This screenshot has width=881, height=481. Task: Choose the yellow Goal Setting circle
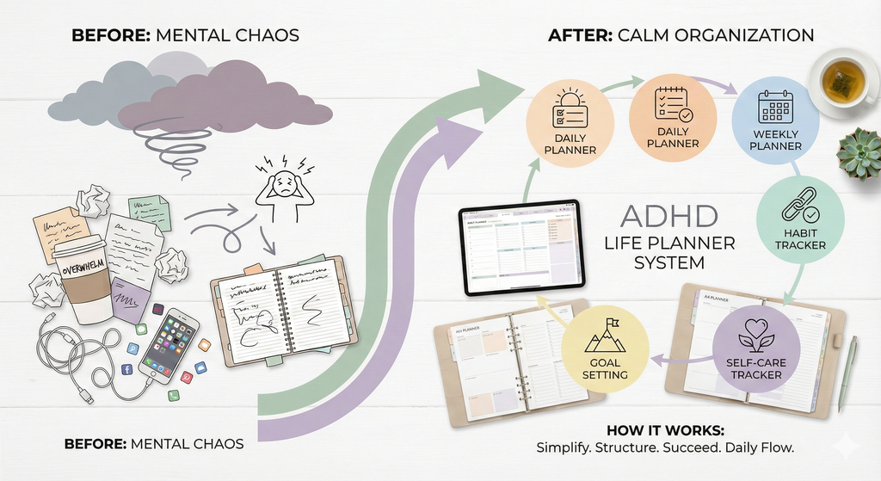(x=606, y=352)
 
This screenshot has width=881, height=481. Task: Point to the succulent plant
(x=859, y=155)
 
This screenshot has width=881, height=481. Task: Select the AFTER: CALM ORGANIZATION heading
(x=681, y=35)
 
